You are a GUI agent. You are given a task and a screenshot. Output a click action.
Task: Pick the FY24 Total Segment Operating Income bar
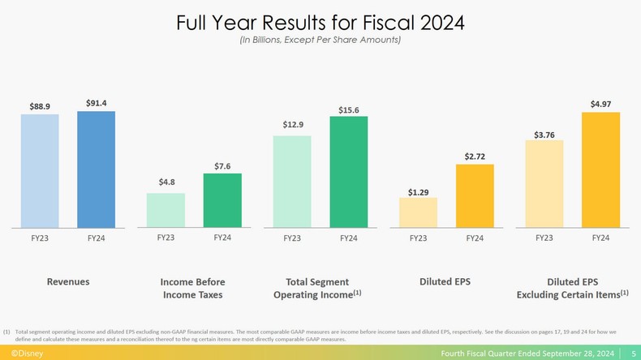(348, 171)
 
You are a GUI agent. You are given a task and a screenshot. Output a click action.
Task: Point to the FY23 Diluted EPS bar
(418, 212)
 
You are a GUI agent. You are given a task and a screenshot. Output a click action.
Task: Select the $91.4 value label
(96, 103)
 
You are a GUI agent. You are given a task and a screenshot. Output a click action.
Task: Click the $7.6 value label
(222, 166)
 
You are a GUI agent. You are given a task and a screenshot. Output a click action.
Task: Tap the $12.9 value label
(292, 125)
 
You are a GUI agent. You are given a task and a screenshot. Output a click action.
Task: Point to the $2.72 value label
(475, 156)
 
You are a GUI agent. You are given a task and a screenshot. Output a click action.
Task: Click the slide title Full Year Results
(320, 23)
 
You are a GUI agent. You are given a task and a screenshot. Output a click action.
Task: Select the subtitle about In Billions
(320, 40)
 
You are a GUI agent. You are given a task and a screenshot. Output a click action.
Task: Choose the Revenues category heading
(67, 281)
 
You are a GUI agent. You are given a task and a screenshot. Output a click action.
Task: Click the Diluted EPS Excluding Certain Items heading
(572, 288)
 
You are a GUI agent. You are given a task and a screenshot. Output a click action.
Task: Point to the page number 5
(632, 354)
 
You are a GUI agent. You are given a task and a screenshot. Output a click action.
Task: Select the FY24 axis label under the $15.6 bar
(348, 238)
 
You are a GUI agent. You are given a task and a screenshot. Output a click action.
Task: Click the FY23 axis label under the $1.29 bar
(418, 238)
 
